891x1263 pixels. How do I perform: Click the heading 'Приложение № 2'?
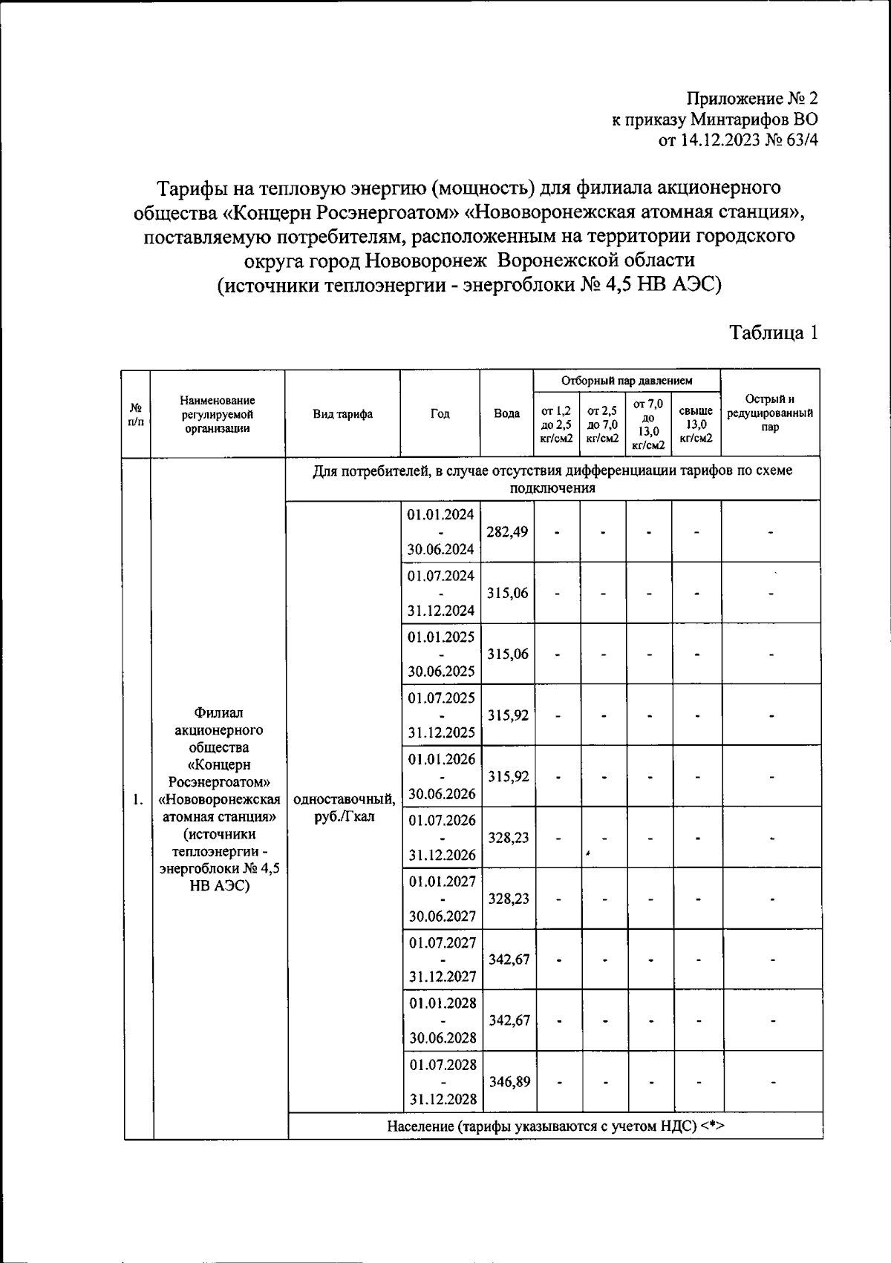(751, 99)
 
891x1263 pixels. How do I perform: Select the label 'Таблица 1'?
(774, 332)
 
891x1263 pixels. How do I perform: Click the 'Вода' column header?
(506, 414)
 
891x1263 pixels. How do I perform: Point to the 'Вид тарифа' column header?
(342, 414)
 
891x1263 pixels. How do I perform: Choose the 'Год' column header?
(440, 414)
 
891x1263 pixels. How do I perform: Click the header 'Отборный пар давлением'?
(627, 381)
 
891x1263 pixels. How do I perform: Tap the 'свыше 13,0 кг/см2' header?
(696, 424)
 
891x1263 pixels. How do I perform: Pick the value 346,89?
(509, 1082)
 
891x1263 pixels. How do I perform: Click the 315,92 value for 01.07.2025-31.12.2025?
(508, 715)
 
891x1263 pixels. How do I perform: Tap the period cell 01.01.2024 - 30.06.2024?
(440, 532)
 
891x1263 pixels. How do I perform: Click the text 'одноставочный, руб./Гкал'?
(344, 807)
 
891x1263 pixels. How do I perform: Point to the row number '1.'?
(137, 800)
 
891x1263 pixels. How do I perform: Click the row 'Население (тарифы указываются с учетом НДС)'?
(555, 1126)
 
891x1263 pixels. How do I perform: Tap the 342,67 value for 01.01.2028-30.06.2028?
(509, 1020)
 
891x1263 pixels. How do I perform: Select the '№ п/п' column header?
(136, 414)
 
